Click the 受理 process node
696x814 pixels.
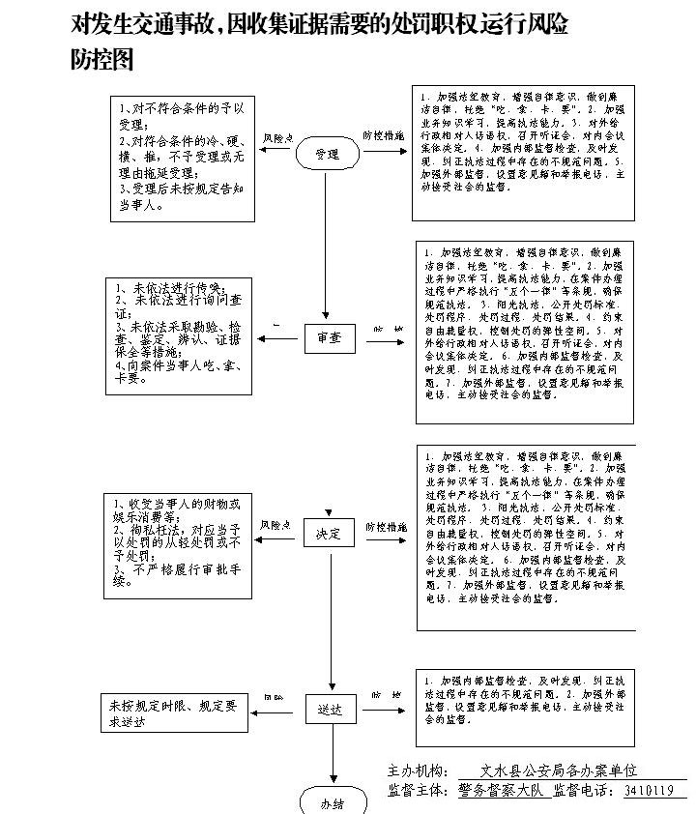[327, 154]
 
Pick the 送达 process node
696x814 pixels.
[331, 709]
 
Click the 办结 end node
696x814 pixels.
[332, 803]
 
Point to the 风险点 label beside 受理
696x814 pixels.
[278, 137]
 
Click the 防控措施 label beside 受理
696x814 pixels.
[384, 136]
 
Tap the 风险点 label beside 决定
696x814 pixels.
[276, 525]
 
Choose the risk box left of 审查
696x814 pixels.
[179, 335]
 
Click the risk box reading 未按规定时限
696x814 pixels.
[176, 712]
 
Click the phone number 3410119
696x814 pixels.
[649, 791]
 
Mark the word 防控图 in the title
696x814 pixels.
[101, 60]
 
